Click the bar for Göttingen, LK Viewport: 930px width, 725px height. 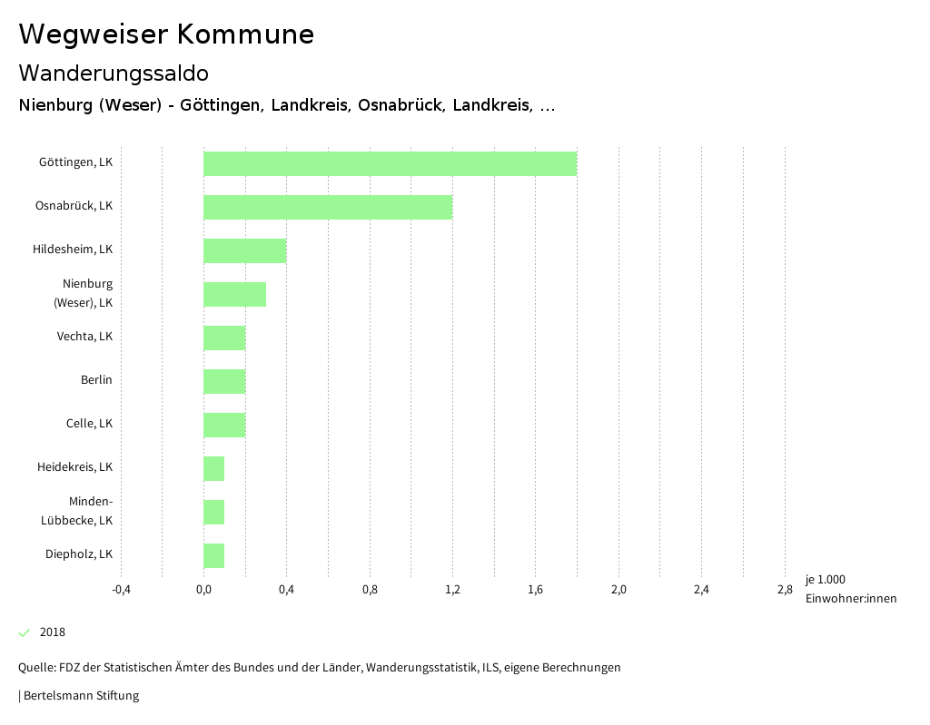(x=390, y=163)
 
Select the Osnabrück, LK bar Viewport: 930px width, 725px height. (x=328, y=207)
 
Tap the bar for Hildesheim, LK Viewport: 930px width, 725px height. (x=244, y=250)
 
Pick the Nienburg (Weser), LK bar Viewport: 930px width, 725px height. (x=234, y=294)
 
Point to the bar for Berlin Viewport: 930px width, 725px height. (x=224, y=381)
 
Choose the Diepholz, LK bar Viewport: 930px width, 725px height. (x=213, y=555)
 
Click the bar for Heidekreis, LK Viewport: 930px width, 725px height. (x=213, y=468)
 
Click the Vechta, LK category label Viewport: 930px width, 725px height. (x=84, y=337)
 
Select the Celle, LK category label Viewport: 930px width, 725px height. (x=89, y=424)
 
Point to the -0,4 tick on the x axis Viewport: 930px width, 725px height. (x=121, y=590)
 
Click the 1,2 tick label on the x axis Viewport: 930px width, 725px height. (x=452, y=590)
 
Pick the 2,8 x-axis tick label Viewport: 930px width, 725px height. (x=785, y=590)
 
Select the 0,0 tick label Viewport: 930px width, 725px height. (x=203, y=590)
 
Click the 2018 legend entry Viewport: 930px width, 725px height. (x=53, y=632)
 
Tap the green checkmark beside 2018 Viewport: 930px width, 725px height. (x=25, y=632)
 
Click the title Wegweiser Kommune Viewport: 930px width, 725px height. (x=166, y=34)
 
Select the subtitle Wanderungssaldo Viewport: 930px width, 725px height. (x=114, y=73)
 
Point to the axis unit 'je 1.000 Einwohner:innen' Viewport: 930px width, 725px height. (x=850, y=589)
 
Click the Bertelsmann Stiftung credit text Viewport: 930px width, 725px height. (x=80, y=696)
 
